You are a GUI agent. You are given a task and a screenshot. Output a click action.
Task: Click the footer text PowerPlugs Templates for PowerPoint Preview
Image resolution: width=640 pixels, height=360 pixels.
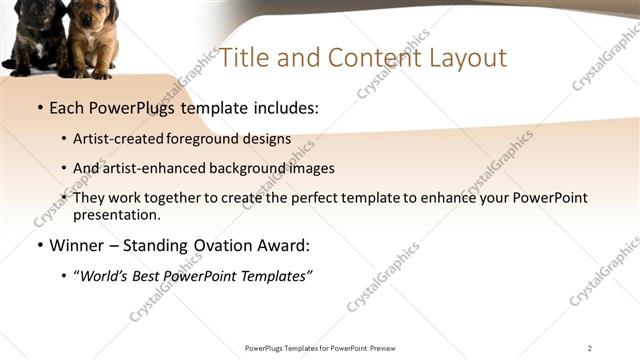(320, 348)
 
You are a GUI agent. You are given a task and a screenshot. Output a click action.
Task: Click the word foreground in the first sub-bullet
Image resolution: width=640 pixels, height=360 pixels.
(199, 139)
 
